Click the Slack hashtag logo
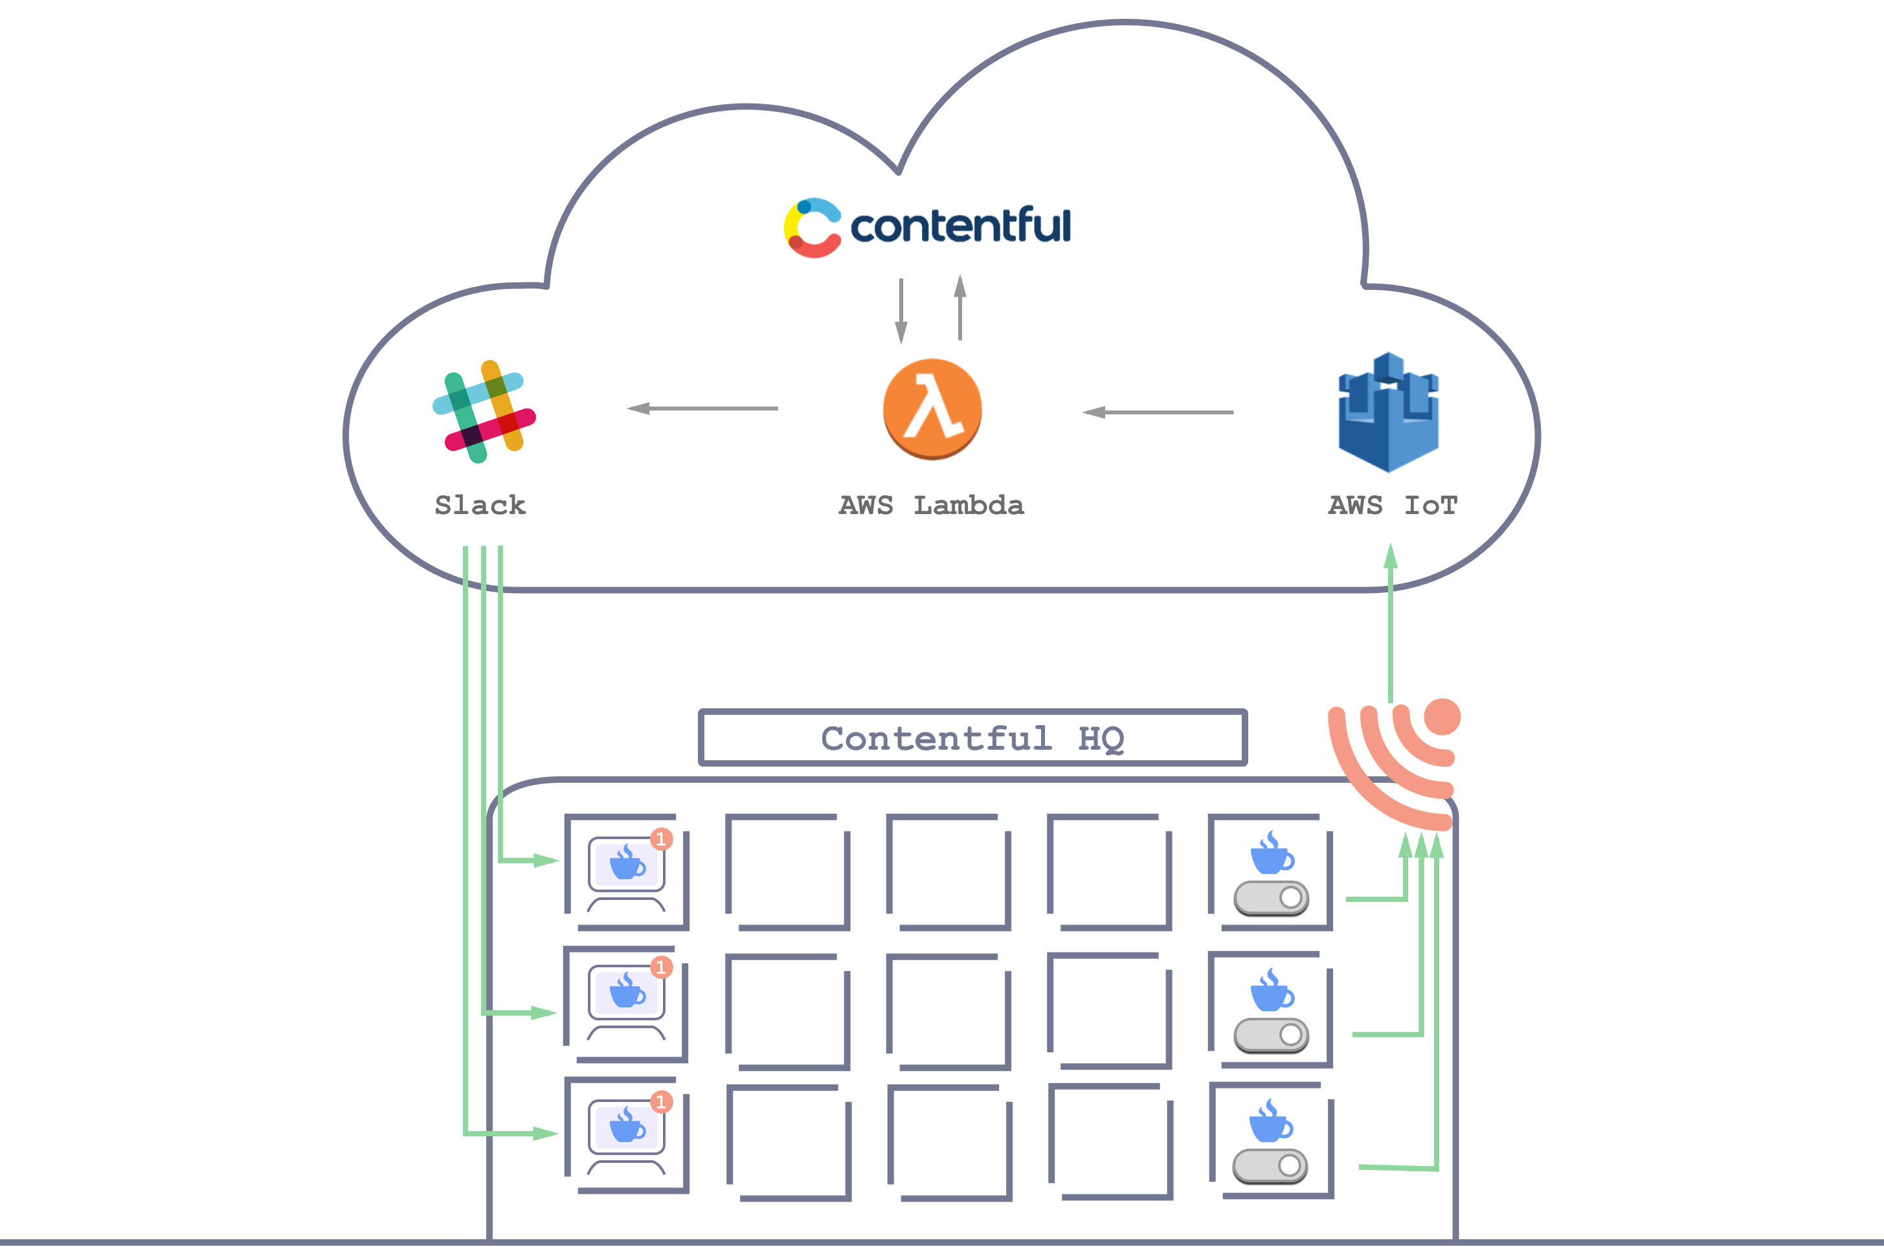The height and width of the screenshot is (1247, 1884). click(484, 411)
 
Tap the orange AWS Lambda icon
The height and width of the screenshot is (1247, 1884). click(932, 409)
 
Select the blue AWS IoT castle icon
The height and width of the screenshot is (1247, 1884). click(1389, 412)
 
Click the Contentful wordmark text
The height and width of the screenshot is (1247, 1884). click(961, 227)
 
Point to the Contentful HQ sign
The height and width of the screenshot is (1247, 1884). click(972, 738)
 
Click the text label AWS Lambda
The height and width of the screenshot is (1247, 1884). click(931, 505)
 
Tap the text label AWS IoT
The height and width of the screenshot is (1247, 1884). click(1393, 505)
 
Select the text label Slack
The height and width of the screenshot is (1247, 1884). click(480, 505)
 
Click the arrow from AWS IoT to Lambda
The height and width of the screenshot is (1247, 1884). click(1158, 412)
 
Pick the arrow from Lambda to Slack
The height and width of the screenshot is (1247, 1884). click(702, 408)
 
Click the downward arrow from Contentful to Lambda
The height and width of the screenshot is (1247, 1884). click(901, 310)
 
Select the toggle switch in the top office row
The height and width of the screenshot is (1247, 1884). click(1271, 898)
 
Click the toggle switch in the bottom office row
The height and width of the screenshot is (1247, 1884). click(1270, 1166)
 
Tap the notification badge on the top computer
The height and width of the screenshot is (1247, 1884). click(661, 839)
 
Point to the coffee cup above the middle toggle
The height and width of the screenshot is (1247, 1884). click(1272, 990)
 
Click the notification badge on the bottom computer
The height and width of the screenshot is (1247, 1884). click(661, 1101)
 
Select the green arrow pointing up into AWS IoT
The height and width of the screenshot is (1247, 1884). click(1390, 620)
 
